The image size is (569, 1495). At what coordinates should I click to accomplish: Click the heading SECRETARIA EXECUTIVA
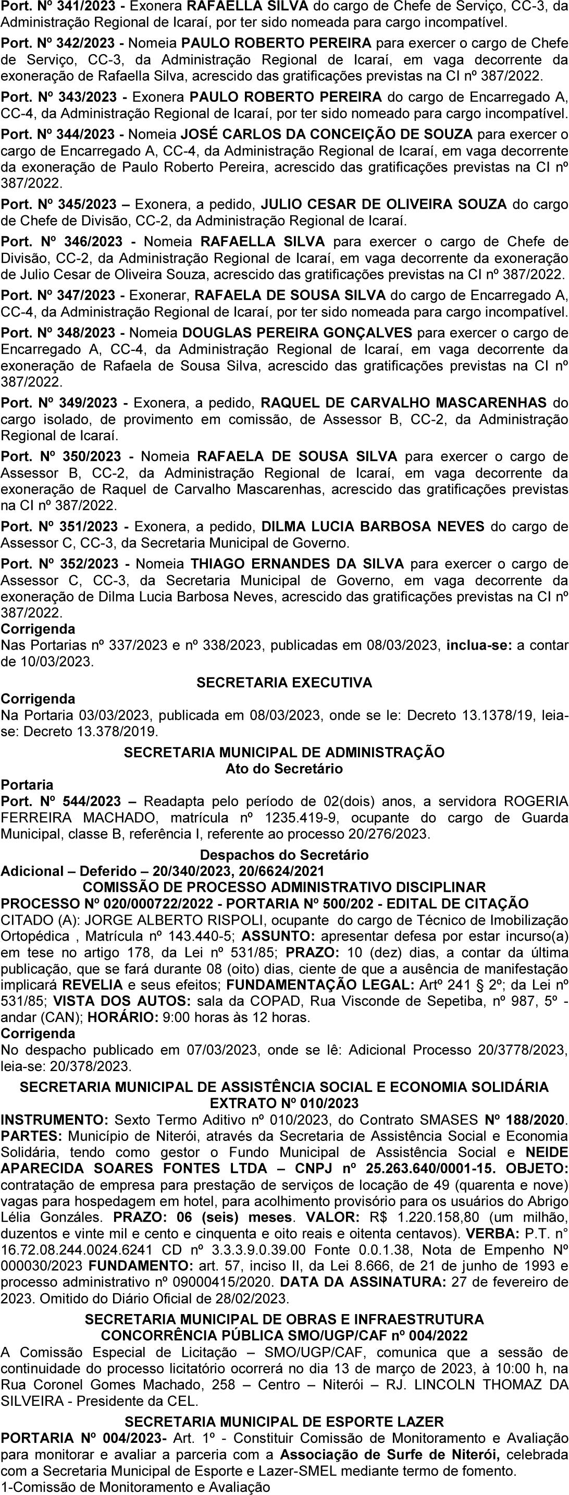coord(284,683)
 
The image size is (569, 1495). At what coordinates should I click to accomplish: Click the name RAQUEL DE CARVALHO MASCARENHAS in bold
coord(404,403)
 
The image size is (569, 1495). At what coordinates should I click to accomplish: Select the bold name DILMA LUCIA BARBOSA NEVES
coord(373,526)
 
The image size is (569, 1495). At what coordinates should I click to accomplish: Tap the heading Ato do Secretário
coord(284,769)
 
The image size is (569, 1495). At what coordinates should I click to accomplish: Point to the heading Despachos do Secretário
coord(284,855)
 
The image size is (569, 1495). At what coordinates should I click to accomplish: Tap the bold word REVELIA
coord(92,985)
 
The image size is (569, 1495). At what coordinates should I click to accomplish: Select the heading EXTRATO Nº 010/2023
coord(284,1103)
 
